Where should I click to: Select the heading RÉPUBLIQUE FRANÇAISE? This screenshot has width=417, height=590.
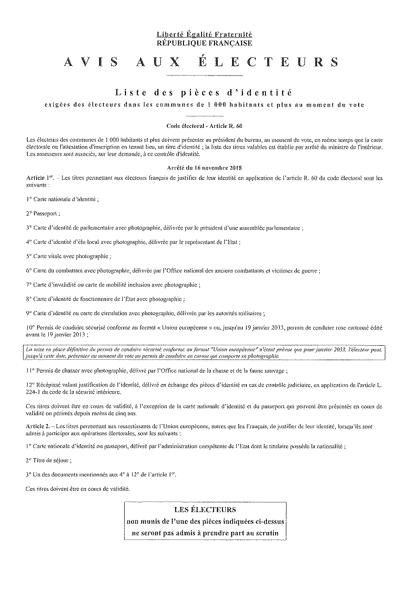click(x=204, y=43)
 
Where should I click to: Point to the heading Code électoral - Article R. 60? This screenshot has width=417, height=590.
click(x=204, y=126)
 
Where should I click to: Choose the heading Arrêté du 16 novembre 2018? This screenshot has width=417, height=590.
click(x=204, y=167)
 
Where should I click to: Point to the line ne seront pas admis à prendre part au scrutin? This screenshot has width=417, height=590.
click(x=205, y=533)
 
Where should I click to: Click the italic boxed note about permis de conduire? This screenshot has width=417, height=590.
click(x=204, y=353)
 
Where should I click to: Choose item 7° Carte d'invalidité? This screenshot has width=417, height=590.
click(x=114, y=285)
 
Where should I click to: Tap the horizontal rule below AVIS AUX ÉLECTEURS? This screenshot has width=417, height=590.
click(x=204, y=75)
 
